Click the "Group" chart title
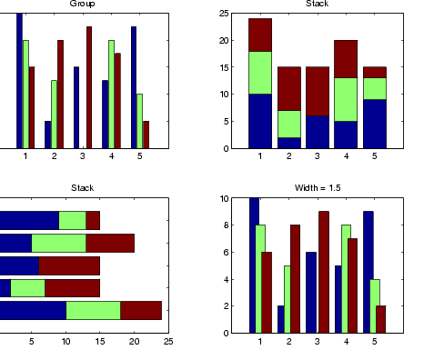click(x=82, y=4)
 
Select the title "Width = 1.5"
click(x=318, y=188)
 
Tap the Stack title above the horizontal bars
click(x=82, y=188)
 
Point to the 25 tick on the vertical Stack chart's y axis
click(x=224, y=14)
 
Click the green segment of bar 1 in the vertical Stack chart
click(x=260, y=73)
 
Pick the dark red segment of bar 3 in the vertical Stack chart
click(x=318, y=91)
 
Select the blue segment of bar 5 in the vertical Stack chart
click(x=375, y=124)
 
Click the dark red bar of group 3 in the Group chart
click(x=89, y=87)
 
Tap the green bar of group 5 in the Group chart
click(x=139, y=121)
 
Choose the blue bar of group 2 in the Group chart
click(x=48, y=135)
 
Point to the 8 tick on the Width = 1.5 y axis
click(x=225, y=225)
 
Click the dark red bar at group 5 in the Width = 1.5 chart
click(x=381, y=319)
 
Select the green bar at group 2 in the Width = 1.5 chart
click(x=288, y=299)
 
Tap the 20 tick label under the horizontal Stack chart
click(x=135, y=342)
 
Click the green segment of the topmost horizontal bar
click(x=72, y=220)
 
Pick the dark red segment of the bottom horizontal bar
click(x=141, y=310)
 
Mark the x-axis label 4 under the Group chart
click(x=111, y=156)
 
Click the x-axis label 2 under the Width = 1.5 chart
click(x=288, y=342)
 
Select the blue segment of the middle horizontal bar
click(x=19, y=265)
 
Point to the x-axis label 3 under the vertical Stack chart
click(x=318, y=156)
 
